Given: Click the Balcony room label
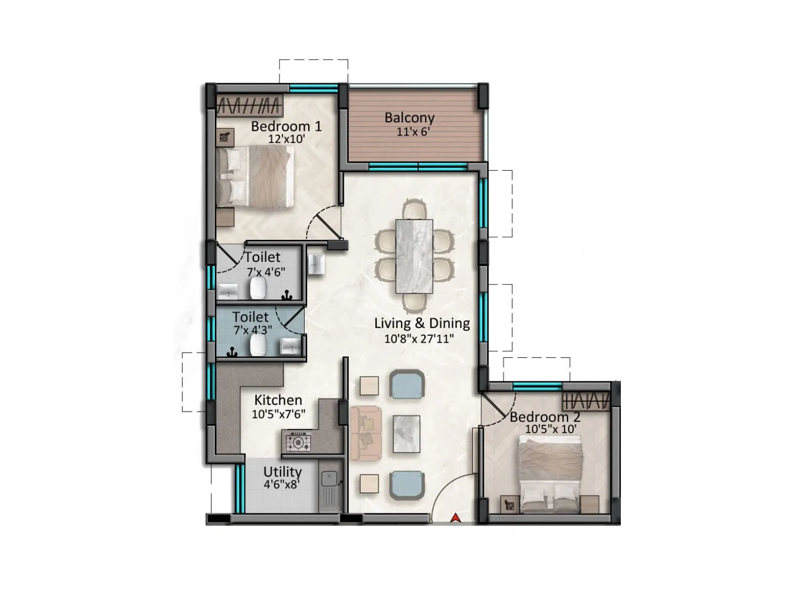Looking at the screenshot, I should click(409, 118).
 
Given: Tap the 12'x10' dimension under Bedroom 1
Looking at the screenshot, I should click(287, 139).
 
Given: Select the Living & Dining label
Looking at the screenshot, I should click(422, 323).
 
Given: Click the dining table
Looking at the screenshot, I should click(414, 256).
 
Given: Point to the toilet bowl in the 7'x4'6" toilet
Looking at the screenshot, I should click(258, 288).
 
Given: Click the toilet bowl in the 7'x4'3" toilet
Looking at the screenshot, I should click(258, 345).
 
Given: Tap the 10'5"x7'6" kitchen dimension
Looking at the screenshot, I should click(279, 414).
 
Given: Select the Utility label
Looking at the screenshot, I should click(283, 472).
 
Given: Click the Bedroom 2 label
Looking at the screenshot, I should click(545, 417).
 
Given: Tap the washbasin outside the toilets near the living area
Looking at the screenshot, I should click(316, 262).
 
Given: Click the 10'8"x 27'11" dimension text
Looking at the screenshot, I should click(419, 339).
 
